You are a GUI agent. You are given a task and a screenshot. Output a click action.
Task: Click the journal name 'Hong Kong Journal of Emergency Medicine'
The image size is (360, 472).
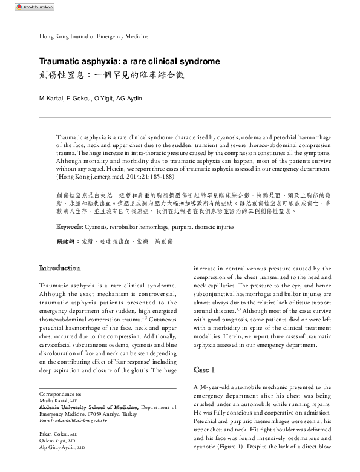tap(93, 36)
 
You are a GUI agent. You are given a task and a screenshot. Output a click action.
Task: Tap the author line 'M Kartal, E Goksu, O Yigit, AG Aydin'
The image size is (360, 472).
tap(90, 98)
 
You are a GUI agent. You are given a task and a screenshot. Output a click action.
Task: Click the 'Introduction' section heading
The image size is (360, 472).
tap(60, 267)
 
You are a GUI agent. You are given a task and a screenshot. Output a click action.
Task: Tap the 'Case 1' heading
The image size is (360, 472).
tap(205, 369)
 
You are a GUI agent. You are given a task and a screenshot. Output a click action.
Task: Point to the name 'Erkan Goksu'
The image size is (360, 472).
tap(53, 434)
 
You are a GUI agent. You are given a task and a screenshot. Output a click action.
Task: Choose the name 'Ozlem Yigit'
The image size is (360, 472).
tap(51, 441)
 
